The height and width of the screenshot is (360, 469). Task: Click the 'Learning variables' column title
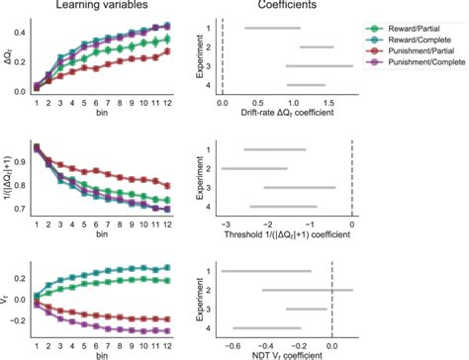pos(101,8)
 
